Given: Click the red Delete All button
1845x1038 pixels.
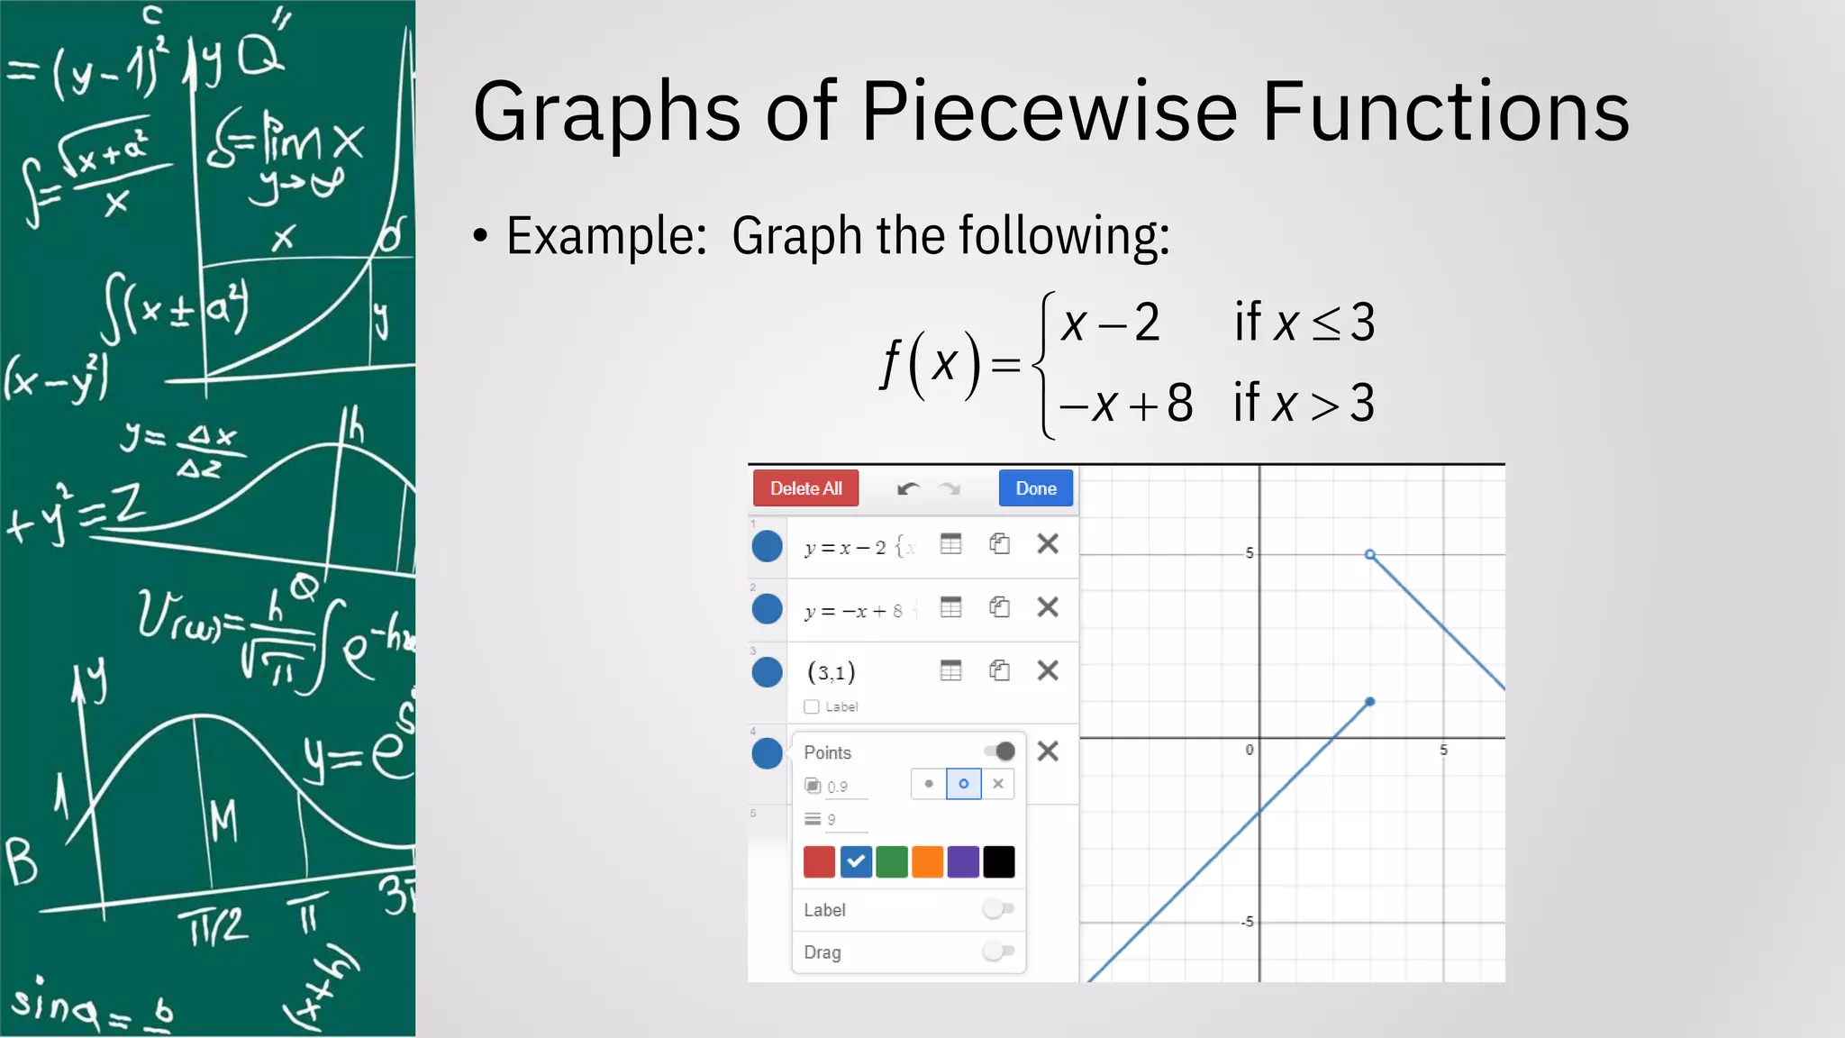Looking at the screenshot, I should (x=805, y=488).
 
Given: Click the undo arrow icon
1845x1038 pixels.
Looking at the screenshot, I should (x=907, y=489).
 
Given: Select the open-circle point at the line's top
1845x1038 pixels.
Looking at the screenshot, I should (x=1369, y=554).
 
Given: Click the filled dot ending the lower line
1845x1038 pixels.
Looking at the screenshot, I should (x=1369, y=701).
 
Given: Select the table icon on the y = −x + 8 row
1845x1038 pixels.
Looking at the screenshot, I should (x=950, y=607).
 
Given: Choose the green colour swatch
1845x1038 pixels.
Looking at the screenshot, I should (x=891, y=861).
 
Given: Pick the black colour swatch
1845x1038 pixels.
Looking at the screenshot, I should (x=998, y=861).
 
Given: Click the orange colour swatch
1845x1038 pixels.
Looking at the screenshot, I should (x=927, y=861).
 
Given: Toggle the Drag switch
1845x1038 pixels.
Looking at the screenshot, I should (x=998, y=951).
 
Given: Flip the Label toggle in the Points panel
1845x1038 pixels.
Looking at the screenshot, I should (x=998, y=908).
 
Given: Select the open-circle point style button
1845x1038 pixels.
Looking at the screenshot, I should (x=963, y=784).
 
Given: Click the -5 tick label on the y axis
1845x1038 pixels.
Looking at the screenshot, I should (x=1247, y=922).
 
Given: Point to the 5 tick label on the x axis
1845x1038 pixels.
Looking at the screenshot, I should (x=1443, y=750).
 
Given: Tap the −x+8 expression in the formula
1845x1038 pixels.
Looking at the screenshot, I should (x=1126, y=403).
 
